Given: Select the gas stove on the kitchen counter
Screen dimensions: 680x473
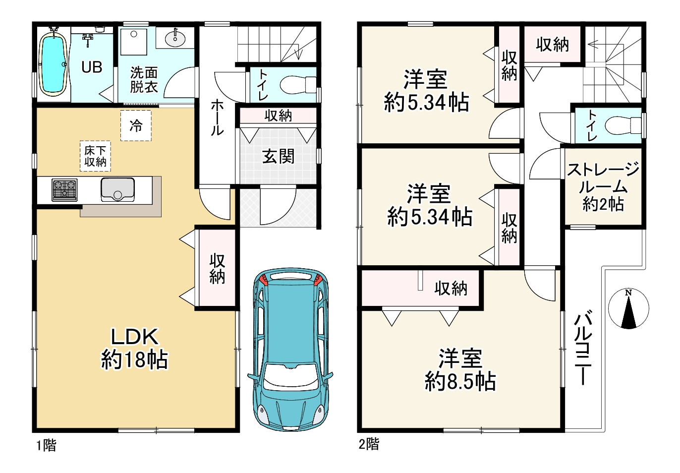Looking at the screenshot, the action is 64,190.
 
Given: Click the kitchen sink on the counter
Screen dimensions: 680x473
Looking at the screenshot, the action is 117,189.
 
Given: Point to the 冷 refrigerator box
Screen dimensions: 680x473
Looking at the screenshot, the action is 136,125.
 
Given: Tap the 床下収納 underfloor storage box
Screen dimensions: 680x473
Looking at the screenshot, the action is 95,156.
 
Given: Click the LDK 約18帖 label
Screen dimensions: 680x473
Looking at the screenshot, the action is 134,349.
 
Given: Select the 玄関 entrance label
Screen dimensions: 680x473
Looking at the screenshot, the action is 278,157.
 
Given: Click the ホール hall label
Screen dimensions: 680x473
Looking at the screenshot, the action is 217,118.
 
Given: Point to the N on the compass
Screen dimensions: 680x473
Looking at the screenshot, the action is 628,293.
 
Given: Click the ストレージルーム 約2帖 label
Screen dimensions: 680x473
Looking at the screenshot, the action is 603,187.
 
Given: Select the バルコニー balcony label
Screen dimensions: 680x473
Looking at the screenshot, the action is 582,347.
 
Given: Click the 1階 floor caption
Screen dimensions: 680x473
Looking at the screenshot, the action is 47,446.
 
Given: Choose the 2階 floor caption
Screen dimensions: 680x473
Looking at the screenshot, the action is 369,444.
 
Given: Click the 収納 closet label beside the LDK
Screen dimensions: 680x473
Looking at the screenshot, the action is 217,269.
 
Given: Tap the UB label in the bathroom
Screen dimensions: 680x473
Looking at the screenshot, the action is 92,67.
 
